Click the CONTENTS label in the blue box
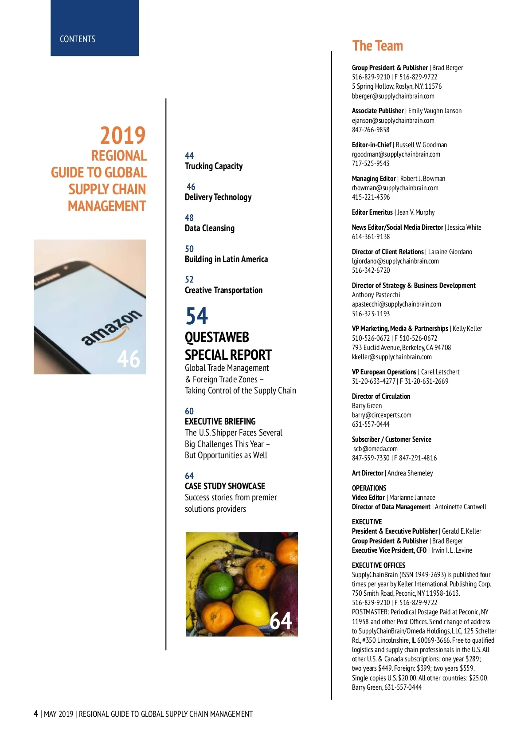78,39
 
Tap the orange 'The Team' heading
377,46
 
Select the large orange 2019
123,135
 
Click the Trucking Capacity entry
214,166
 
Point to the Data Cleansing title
210,228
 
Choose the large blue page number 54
196,316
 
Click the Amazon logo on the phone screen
112,328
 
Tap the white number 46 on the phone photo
129,359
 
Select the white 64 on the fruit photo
281,621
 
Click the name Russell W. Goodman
421,145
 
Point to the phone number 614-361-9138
371,236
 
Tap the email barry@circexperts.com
381,415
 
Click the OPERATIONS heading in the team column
369,488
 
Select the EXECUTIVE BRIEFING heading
220,421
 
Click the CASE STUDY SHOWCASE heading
225,486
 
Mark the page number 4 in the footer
36,714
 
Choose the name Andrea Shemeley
410,473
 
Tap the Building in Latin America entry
226,259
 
